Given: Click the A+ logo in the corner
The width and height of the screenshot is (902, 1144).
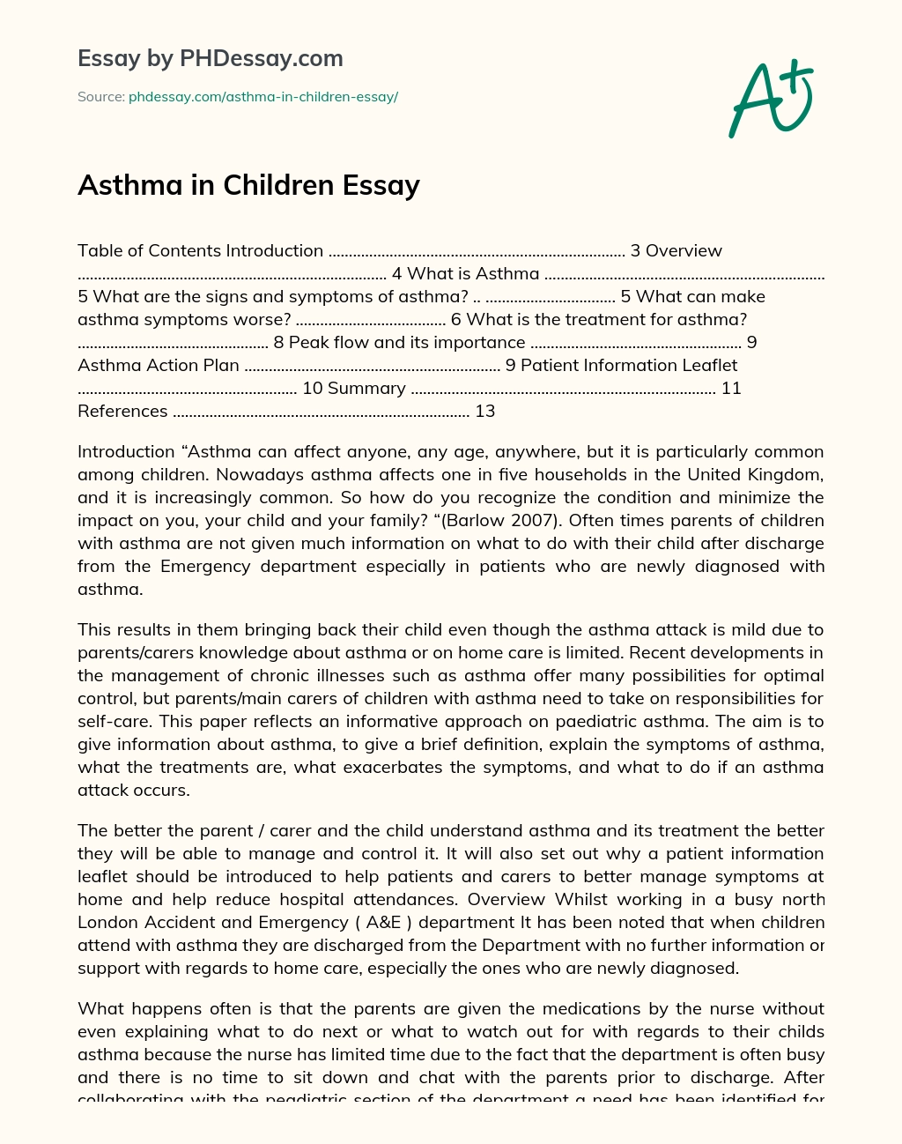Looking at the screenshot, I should pyautogui.click(x=770, y=99).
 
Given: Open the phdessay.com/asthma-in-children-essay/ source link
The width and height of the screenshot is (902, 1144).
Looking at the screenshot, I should pyautogui.click(x=262, y=97).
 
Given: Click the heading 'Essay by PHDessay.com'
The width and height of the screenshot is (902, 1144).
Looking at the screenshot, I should pyautogui.click(x=210, y=58).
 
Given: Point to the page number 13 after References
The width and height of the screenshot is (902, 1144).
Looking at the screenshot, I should pyautogui.click(x=484, y=411).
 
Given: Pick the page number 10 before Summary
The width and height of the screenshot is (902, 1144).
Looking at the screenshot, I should pyautogui.click(x=312, y=388).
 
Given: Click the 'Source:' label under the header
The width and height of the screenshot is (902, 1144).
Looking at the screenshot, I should pyautogui.click(x=100, y=97).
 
